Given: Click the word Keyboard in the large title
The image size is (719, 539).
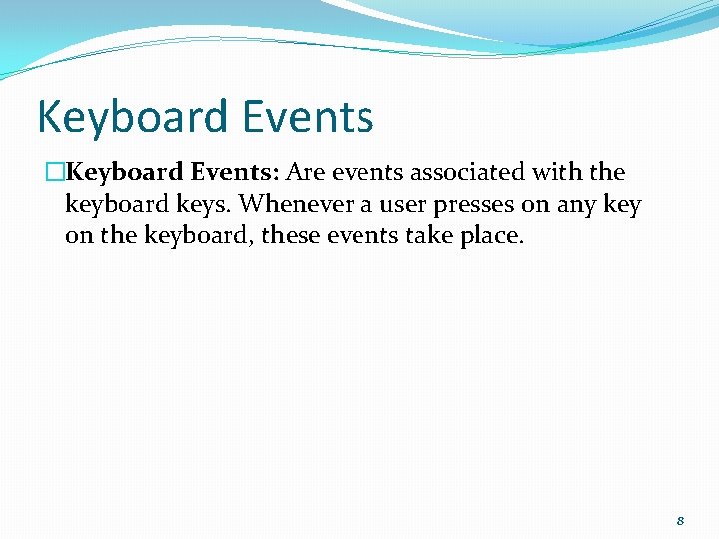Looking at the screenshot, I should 128,117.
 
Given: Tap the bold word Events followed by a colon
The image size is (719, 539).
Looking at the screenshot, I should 240,172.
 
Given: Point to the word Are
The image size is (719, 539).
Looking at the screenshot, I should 305,172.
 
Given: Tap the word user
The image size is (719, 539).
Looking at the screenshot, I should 402,205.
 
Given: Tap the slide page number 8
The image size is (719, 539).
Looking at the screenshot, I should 680,521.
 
